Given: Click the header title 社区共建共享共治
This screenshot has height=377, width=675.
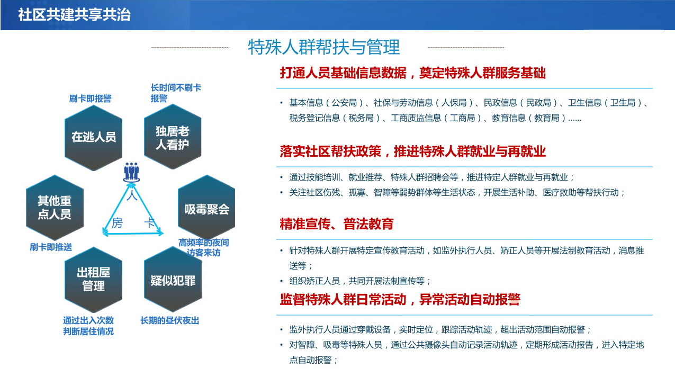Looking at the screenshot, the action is (x=74, y=14).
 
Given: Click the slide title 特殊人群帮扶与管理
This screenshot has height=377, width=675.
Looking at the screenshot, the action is (x=324, y=47).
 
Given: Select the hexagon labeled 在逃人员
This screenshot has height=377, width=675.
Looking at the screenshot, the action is (x=93, y=138).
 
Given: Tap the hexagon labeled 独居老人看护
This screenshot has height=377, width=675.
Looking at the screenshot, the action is (x=173, y=137).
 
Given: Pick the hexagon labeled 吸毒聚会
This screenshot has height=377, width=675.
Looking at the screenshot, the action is (x=206, y=208).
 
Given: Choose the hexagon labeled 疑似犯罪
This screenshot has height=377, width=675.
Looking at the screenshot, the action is (x=173, y=280).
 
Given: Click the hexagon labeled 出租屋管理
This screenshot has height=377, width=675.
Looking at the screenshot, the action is (x=93, y=280).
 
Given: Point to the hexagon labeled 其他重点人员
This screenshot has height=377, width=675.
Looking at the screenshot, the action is (x=55, y=208).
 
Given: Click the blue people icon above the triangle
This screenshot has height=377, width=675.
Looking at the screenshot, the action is (x=131, y=172).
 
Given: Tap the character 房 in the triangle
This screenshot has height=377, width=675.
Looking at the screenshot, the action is (x=117, y=223).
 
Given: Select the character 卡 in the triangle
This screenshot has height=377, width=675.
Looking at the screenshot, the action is (x=150, y=223).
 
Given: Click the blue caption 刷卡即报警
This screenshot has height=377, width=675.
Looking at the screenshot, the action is (x=90, y=98).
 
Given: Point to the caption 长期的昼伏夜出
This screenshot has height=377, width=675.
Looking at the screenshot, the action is (x=169, y=320).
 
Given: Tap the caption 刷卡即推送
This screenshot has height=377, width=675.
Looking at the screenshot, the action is (x=51, y=247).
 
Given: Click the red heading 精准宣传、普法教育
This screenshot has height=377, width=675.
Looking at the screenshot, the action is (x=337, y=224).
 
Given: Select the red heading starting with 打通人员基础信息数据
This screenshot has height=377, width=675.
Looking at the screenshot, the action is (x=412, y=73).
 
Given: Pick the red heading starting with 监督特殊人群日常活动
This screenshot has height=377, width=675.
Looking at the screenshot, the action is (x=400, y=300).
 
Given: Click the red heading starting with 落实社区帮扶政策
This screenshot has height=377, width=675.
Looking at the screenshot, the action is (x=412, y=151).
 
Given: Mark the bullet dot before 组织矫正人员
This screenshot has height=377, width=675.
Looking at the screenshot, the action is (x=282, y=281).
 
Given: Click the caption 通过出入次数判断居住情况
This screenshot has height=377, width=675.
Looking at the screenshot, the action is (x=88, y=326).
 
